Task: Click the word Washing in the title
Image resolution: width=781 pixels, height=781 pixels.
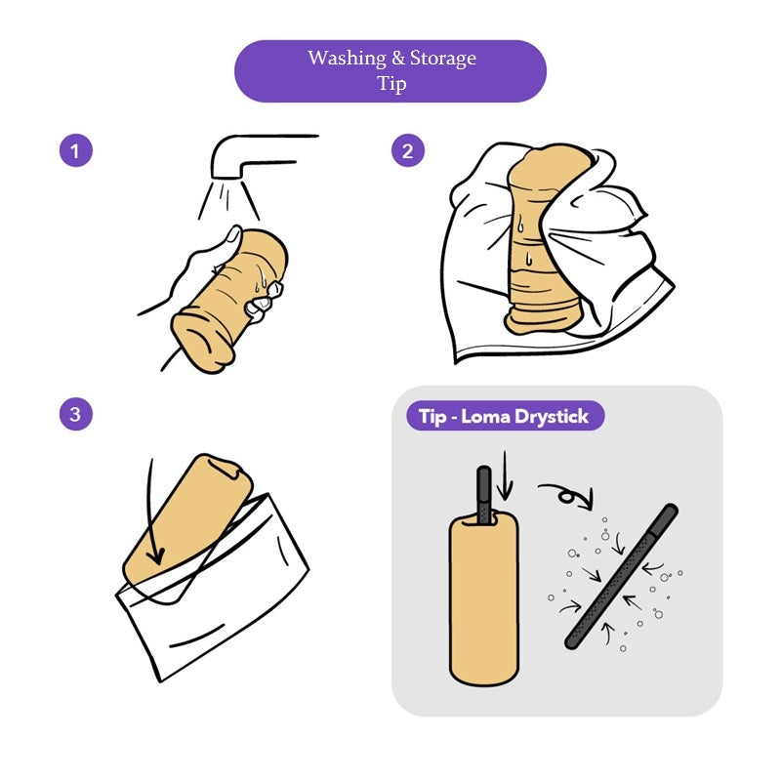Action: [x=347, y=59]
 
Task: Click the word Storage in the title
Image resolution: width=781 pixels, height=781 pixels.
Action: [x=443, y=59]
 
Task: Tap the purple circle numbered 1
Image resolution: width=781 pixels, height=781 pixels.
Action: [x=76, y=150]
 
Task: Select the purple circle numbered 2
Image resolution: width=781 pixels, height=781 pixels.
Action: [x=407, y=150]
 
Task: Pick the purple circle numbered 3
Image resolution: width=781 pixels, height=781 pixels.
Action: [x=76, y=414]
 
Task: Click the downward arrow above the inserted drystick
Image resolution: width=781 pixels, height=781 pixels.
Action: [x=505, y=475]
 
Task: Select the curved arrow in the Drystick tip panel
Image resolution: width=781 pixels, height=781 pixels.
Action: [x=568, y=495]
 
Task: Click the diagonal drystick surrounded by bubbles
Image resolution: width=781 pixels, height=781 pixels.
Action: [x=621, y=576]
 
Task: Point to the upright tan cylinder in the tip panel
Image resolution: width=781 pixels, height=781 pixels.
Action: [x=483, y=598]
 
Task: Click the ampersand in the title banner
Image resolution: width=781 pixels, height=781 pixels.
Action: [x=398, y=59]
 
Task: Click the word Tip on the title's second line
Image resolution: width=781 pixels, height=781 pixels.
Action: [x=391, y=83]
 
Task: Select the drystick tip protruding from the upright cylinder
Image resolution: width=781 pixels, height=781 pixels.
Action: [x=484, y=494]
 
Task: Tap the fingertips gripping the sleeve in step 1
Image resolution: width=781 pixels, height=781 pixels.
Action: [x=263, y=301]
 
